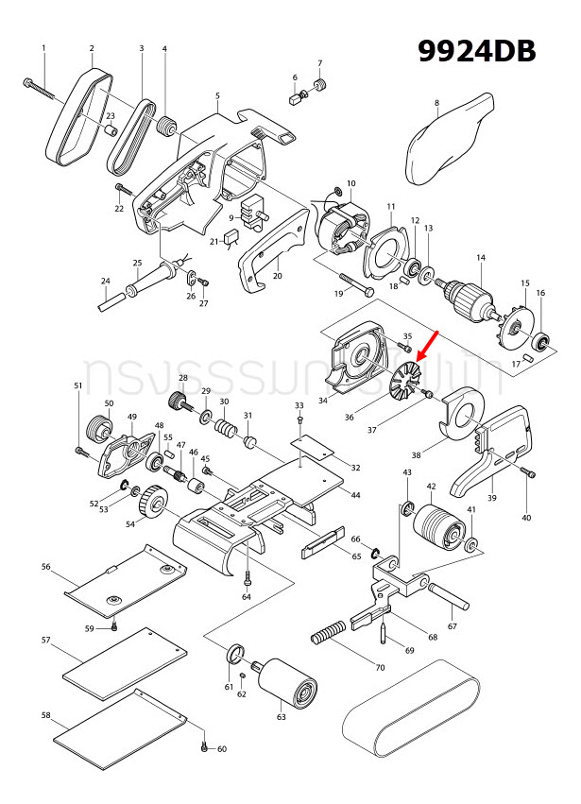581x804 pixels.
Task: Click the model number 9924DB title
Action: coord(477,50)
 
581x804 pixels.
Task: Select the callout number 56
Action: coord(45,567)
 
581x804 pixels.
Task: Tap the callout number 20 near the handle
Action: coord(278,276)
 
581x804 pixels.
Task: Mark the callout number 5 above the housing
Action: coord(217,95)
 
